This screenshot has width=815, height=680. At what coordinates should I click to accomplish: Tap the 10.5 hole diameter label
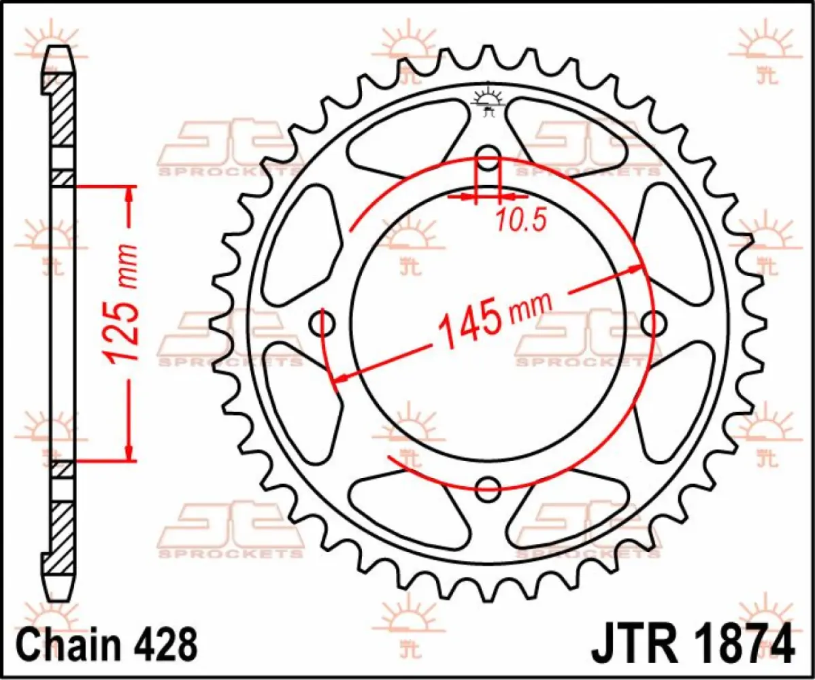(520, 220)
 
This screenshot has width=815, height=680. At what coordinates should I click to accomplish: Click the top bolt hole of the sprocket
(488, 153)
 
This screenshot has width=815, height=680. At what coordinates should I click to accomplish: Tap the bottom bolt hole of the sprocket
(488, 486)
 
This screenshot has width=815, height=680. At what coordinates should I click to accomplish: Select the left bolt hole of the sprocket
(322, 322)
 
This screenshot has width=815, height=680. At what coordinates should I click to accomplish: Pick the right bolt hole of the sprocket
(654, 322)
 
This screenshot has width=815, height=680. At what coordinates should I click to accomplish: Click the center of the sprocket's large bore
(488, 320)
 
